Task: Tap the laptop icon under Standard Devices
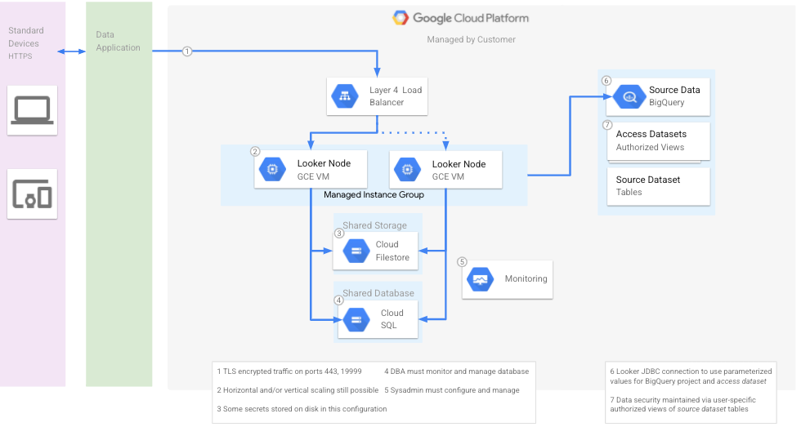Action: pos(32,110)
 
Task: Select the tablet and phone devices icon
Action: pos(32,194)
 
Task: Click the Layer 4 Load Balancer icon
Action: pos(344,96)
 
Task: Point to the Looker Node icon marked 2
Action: pos(271,169)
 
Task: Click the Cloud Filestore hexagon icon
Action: pos(356,251)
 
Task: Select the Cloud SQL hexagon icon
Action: pos(356,319)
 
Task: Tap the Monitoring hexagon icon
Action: pos(479,279)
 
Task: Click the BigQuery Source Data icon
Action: pos(629,96)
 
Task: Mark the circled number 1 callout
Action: pos(187,51)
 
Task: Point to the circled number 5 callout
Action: pos(462,262)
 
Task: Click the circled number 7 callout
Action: pos(606,125)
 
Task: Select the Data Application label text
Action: pos(118,42)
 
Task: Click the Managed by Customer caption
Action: pos(471,39)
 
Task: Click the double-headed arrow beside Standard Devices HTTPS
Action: pos(72,51)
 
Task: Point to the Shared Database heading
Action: pos(378,293)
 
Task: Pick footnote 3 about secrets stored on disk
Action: pos(302,408)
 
